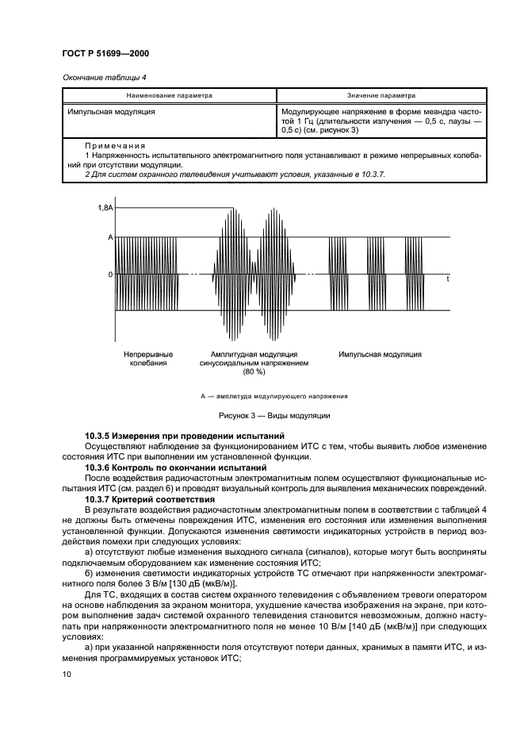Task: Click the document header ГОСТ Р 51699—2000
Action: click(101, 53)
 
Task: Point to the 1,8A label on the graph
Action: click(105, 208)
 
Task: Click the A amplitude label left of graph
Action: click(111, 237)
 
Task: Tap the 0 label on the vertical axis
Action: click(111, 275)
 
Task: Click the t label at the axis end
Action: click(447, 279)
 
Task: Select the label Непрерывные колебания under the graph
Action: click(148, 358)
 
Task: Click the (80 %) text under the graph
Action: click(254, 371)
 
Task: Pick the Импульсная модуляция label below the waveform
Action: click(380, 354)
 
